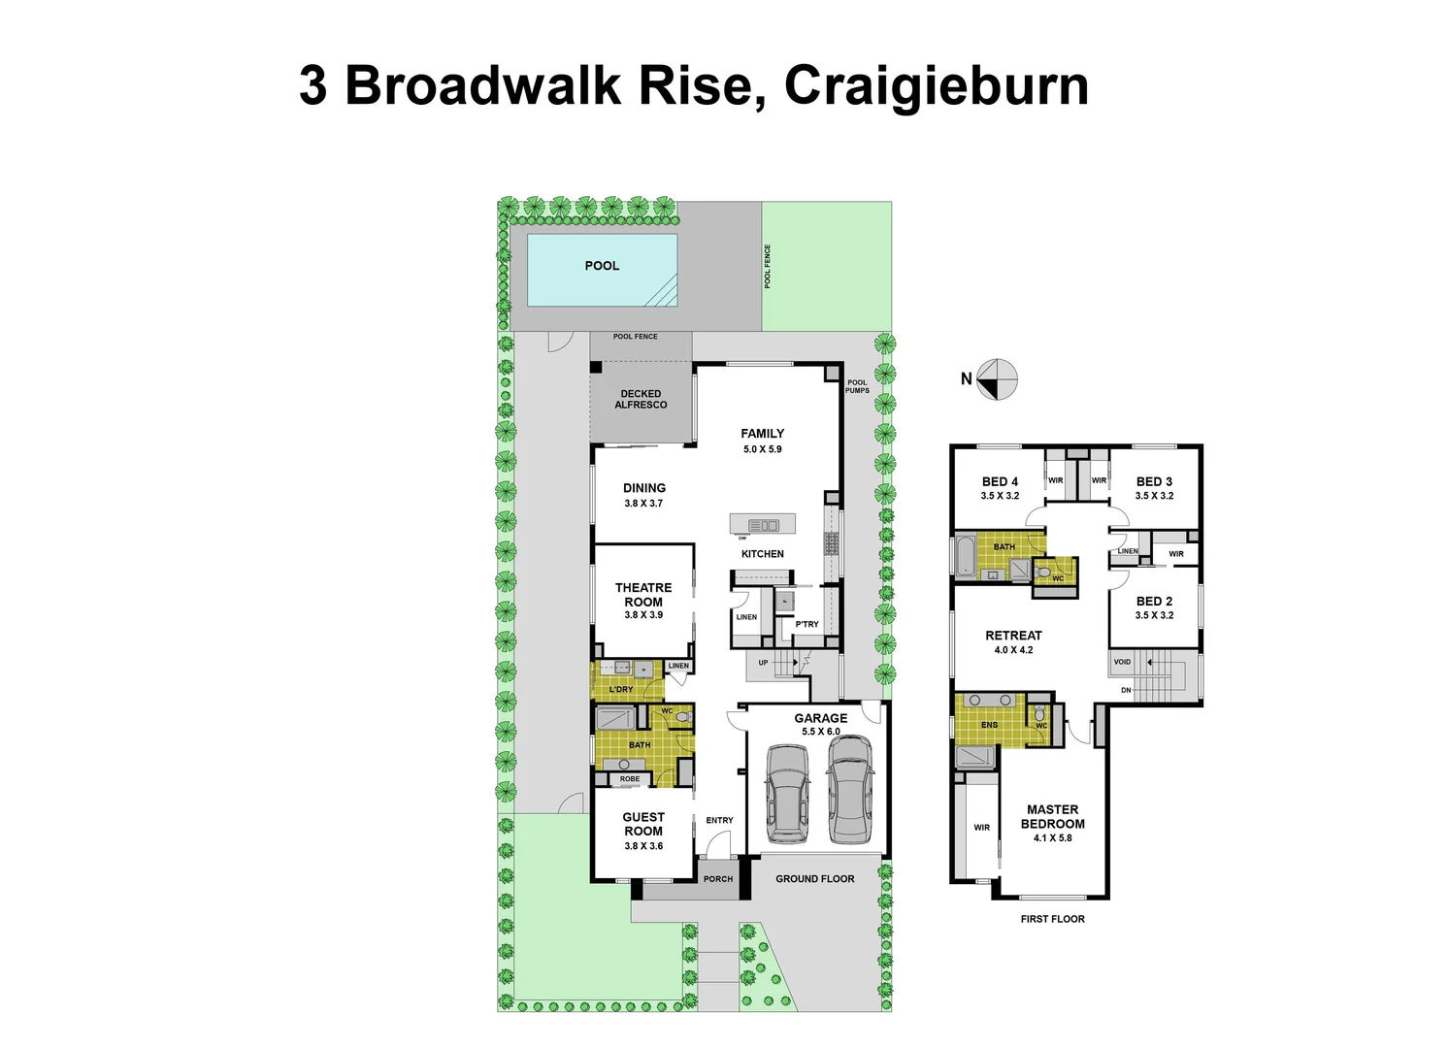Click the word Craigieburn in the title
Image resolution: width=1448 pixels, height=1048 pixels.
click(936, 85)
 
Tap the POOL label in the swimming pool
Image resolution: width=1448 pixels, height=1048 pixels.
click(602, 266)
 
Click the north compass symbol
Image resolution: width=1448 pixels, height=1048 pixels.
click(997, 379)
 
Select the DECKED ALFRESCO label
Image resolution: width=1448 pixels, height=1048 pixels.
click(641, 400)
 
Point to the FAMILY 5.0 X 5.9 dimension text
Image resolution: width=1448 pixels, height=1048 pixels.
click(762, 449)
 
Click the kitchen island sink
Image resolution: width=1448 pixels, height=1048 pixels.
click(764, 525)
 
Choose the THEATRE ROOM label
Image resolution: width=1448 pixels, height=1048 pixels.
click(643, 595)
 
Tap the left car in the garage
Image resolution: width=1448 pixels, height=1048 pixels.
click(786, 795)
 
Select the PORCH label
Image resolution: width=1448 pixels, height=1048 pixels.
click(718, 879)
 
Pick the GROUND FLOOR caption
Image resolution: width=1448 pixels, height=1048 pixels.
click(814, 879)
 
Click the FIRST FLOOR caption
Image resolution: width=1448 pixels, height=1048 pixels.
click(1052, 919)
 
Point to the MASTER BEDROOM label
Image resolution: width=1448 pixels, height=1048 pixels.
click(1052, 817)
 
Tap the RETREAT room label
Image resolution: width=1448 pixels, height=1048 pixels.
click(1013, 636)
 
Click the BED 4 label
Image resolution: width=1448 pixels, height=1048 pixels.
click(1000, 482)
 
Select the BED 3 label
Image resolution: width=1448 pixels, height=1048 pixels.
click(1154, 482)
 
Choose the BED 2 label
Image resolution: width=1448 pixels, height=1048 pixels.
click(1154, 602)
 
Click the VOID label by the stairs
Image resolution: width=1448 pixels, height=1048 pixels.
click(1122, 662)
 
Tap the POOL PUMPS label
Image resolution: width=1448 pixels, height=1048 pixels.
click(857, 386)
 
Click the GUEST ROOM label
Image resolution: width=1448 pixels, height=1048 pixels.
click(643, 824)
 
